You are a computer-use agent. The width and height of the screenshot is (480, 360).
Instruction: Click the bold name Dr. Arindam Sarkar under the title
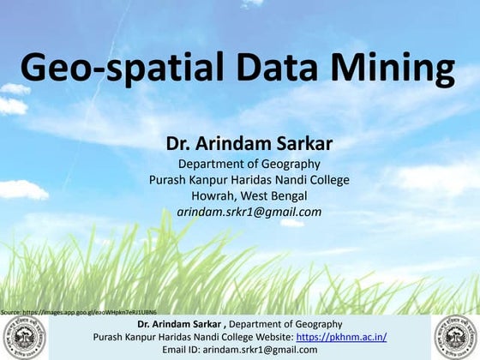click(249, 142)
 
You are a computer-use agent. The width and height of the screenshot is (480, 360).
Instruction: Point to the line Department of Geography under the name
click(249, 164)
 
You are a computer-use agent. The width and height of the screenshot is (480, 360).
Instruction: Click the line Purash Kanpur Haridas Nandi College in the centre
click(249, 180)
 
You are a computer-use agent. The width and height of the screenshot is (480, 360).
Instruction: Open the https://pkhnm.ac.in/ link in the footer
click(341, 337)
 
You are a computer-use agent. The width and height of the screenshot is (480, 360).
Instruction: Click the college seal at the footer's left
click(23, 337)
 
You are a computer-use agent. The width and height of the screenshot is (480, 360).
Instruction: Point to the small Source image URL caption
click(78, 311)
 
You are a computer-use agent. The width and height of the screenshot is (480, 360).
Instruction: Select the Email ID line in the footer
click(240, 350)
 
